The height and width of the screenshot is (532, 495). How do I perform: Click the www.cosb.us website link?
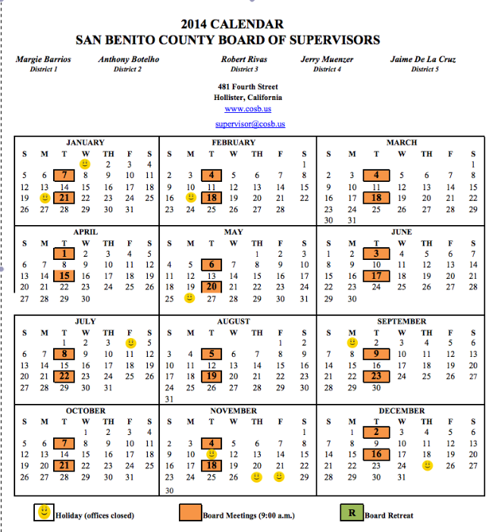(x=248, y=109)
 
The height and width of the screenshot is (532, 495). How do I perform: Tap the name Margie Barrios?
(x=44, y=58)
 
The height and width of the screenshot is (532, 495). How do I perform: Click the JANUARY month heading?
(x=86, y=142)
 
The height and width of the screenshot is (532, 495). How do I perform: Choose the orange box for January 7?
(x=65, y=175)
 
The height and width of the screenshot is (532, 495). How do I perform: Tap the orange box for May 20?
(x=213, y=286)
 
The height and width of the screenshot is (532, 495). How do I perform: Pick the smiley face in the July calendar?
(x=130, y=343)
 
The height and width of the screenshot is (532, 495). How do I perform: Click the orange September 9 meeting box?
(x=376, y=354)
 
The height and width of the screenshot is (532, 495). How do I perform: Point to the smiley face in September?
(x=352, y=343)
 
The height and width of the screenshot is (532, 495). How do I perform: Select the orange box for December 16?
(x=376, y=454)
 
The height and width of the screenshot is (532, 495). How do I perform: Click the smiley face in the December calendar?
(x=428, y=465)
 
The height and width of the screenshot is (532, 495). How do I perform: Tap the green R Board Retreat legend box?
(x=351, y=514)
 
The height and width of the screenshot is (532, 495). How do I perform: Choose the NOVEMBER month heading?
(x=233, y=411)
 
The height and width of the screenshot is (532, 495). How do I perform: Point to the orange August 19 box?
(x=213, y=376)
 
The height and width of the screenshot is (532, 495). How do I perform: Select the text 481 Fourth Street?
(x=247, y=87)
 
